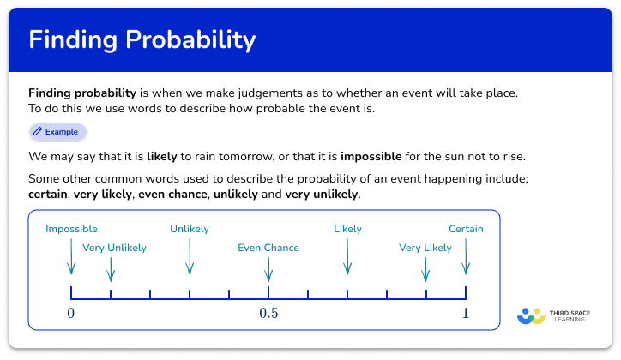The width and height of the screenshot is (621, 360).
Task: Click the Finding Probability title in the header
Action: pos(142,41)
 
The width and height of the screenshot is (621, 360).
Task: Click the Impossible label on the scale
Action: pos(71,229)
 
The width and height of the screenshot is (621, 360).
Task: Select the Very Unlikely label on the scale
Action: pos(114,248)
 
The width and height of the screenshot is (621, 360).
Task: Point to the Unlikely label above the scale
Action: pos(190,229)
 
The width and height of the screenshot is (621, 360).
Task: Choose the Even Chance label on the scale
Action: pos(268,248)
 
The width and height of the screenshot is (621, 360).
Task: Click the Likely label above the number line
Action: pos(347,229)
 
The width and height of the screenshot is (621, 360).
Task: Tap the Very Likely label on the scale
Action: pos(425,248)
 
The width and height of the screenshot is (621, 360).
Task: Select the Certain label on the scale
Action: pos(466,229)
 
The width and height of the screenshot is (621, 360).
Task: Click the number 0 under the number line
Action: pos(71,313)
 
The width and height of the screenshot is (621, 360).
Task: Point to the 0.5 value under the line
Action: pos(268,313)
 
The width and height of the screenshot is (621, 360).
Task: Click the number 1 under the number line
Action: pos(466,313)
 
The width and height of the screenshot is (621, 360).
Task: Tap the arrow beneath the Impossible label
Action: pos(71,256)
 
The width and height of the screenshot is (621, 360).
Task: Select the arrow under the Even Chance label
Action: pos(268,269)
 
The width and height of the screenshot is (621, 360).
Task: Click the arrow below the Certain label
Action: pos(466,256)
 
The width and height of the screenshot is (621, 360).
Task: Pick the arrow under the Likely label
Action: pos(347,256)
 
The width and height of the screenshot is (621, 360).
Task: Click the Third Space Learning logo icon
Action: pos(531,315)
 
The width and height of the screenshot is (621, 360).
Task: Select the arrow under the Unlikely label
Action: pos(190,256)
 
